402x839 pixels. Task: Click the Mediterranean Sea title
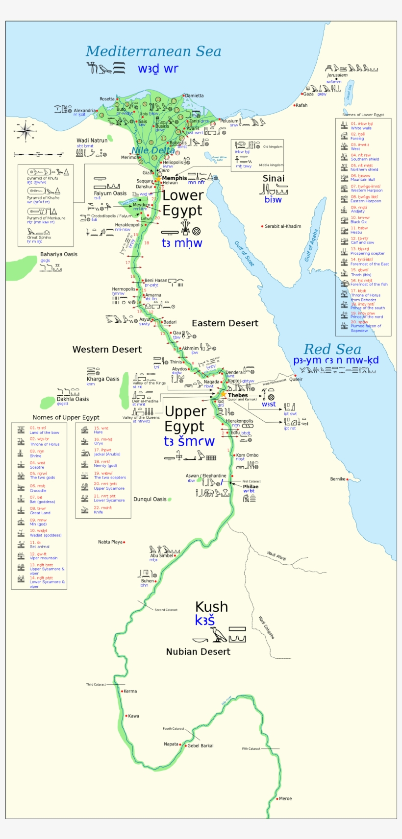(153, 51)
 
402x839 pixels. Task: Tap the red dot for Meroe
(276, 798)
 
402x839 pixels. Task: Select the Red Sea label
(332, 349)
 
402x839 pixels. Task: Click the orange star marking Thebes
(223, 394)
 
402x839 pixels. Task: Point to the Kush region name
(211, 607)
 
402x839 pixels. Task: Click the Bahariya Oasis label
(59, 254)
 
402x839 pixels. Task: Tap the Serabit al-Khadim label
(283, 226)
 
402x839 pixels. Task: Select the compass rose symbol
(24, 131)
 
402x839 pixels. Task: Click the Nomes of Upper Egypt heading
(66, 417)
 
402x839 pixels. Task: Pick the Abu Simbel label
(161, 555)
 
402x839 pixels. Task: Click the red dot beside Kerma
(122, 691)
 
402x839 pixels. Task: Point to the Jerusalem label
(337, 75)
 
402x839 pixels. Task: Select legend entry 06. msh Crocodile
(38, 488)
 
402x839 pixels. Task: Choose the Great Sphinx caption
(39, 238)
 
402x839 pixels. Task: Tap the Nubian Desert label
(198, 652)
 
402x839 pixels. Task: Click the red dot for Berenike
(347, 479)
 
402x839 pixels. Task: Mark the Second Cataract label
(166, 610)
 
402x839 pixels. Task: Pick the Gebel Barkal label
(200, 745)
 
